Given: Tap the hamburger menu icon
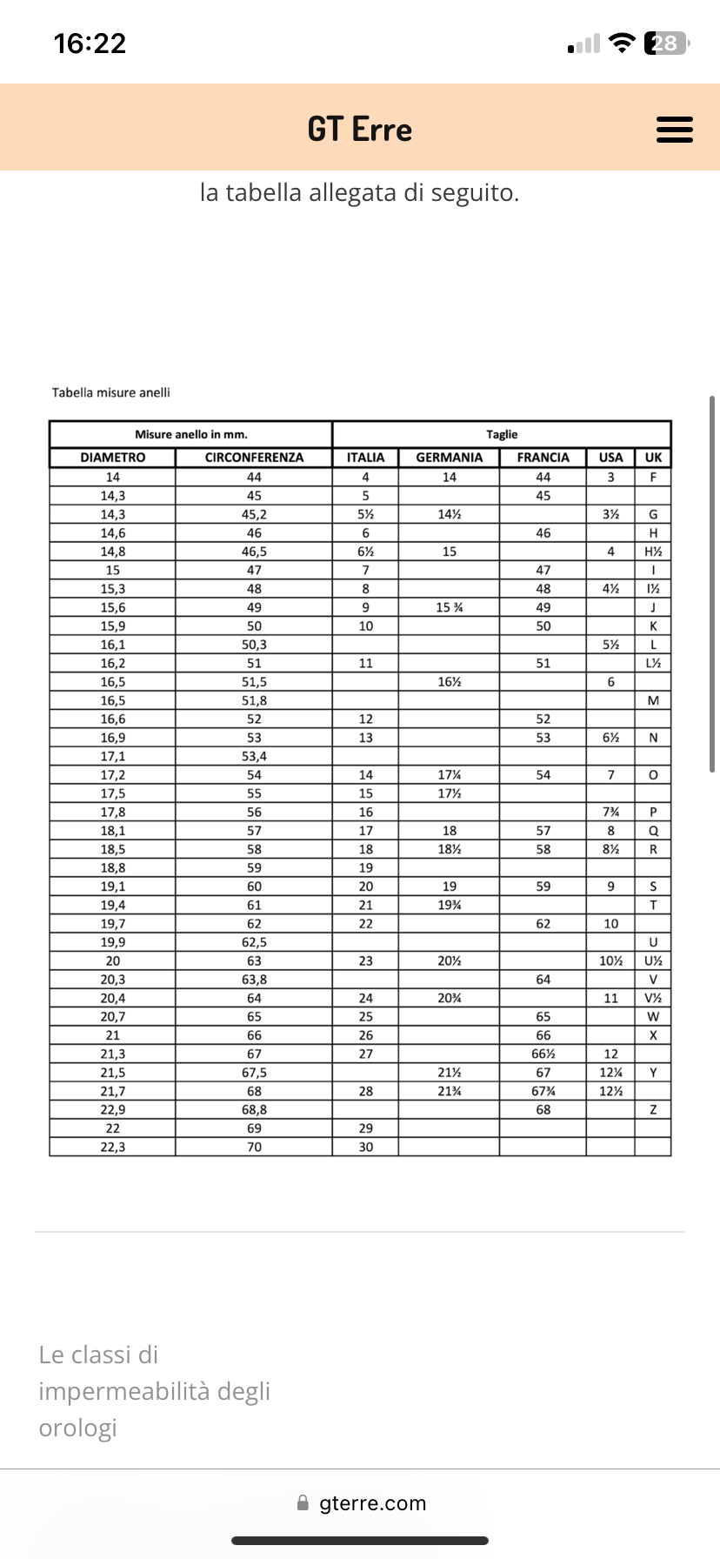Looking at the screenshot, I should coord(674,130).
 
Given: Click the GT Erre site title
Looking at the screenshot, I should coord(359,130).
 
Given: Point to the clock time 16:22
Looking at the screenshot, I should coord(90,43).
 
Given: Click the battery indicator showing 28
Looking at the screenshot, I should coord(665,43).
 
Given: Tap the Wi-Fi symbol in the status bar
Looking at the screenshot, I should coord(622,43).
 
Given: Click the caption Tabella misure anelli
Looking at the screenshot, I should coord(110,392).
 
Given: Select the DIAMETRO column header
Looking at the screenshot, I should coord(112,458).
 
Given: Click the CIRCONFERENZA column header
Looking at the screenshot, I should coord(254,458).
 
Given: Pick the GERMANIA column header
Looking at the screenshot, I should coord(449,458).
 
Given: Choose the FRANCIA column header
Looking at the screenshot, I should coord(543,458).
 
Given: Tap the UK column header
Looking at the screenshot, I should coord(653,458).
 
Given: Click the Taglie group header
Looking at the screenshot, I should coord(502,434).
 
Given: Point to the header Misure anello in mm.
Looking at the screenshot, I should coord(190,434).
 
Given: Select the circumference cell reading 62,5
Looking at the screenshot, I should coord(254,942).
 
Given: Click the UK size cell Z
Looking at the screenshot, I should coord(653,1110).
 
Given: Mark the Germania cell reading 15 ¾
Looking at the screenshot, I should coord(449,607).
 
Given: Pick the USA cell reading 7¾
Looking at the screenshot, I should coord(610,813).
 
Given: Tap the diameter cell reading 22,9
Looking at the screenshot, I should coord(112,1110).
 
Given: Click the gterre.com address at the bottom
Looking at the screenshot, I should coord(372,1503).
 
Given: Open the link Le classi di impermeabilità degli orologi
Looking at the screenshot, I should coord(154,1391).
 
